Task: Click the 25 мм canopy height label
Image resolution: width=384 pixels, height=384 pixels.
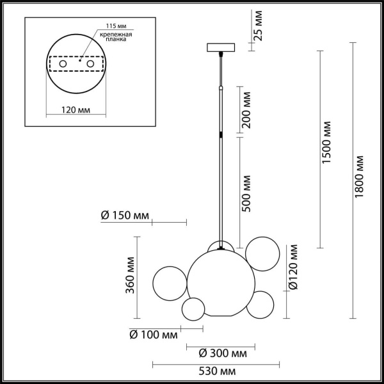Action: click(259, 25)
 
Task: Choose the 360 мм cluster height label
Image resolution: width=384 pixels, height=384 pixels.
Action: click(130, 275)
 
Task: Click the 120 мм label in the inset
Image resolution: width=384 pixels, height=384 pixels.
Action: click(75, 110)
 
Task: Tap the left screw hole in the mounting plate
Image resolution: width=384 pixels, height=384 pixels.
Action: click(62, 65)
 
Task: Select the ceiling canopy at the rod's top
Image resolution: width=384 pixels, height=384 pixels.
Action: click(221, 47)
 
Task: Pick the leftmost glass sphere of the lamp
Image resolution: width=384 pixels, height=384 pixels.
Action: click(170, 282)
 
